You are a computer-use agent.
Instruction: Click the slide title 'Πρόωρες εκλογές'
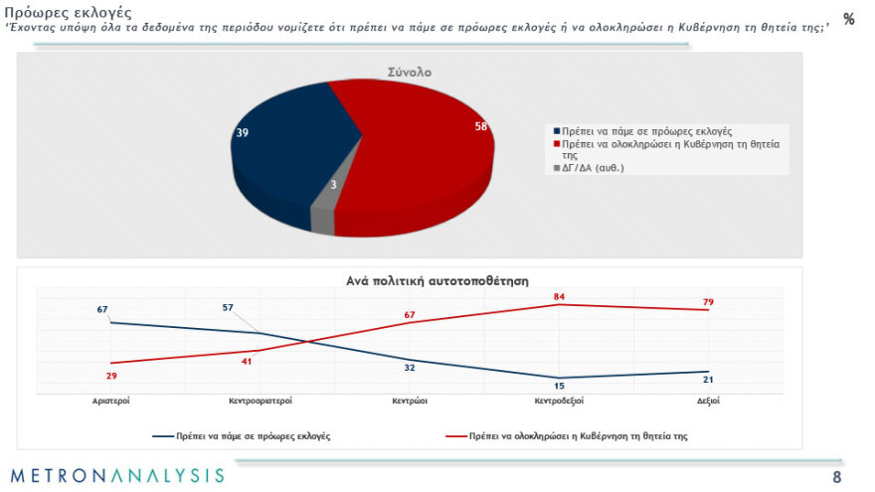(69, 12)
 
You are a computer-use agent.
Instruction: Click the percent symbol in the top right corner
(848, 20)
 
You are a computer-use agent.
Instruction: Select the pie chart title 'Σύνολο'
(409, 73)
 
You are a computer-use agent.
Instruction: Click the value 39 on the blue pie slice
(242, 133)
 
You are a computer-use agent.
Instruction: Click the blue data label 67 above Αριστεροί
(102, 309)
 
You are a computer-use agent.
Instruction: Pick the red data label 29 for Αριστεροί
(111, 376)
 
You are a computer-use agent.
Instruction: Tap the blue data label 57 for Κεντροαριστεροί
(228, 308)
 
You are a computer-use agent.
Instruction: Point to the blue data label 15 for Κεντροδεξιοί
(559, 387)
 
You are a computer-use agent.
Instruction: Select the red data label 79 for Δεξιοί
(708, 301)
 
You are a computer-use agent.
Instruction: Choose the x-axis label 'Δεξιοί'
(708, 401)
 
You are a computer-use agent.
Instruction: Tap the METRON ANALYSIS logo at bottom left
(117, 475)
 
